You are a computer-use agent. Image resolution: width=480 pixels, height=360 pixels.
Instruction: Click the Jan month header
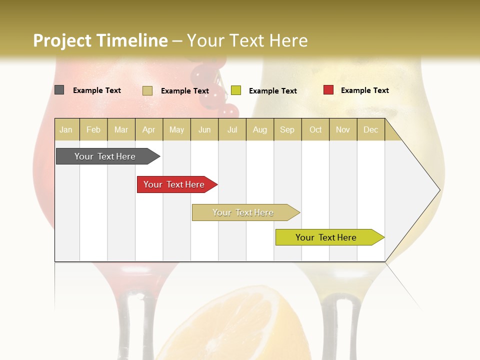(66, 129)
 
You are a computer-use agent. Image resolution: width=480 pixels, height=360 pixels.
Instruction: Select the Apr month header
(149, 129)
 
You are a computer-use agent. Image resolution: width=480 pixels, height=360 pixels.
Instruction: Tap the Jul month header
(232, 129)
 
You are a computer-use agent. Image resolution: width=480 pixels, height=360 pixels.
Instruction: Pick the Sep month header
(287, 129)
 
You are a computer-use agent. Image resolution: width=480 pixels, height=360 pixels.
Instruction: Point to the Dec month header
(370, 129)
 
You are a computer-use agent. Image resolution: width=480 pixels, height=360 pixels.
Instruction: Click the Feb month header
(93, 129)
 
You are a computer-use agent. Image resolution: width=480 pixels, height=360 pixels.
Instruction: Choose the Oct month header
(315, 129)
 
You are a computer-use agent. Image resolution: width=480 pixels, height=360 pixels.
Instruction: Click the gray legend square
(59, 90)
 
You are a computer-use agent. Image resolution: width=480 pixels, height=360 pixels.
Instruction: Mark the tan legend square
(147, 90)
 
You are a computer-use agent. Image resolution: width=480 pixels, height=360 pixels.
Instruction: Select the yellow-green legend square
(236, 90)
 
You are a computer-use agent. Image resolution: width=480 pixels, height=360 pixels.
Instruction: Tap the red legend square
(328, 90)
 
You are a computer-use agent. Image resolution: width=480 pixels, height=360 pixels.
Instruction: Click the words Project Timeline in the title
(100, 40)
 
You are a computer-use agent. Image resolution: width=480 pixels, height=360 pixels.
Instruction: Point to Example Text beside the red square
(364, 90)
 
